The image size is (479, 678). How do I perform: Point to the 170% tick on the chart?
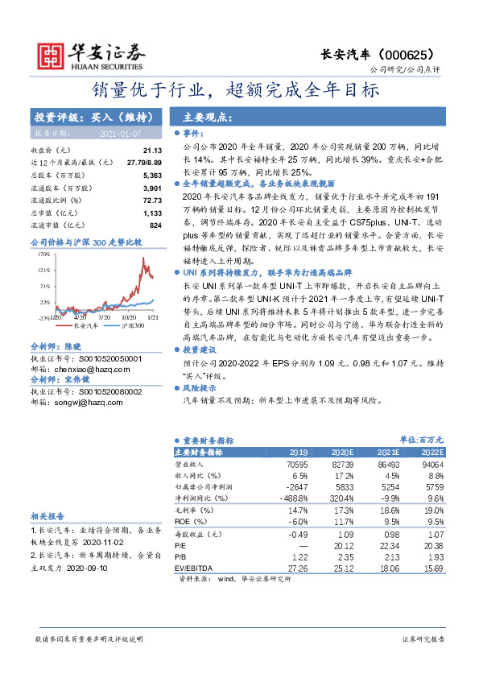click(x=43, y=254)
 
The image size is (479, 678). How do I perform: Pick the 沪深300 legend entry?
click(x=133, y=326)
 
